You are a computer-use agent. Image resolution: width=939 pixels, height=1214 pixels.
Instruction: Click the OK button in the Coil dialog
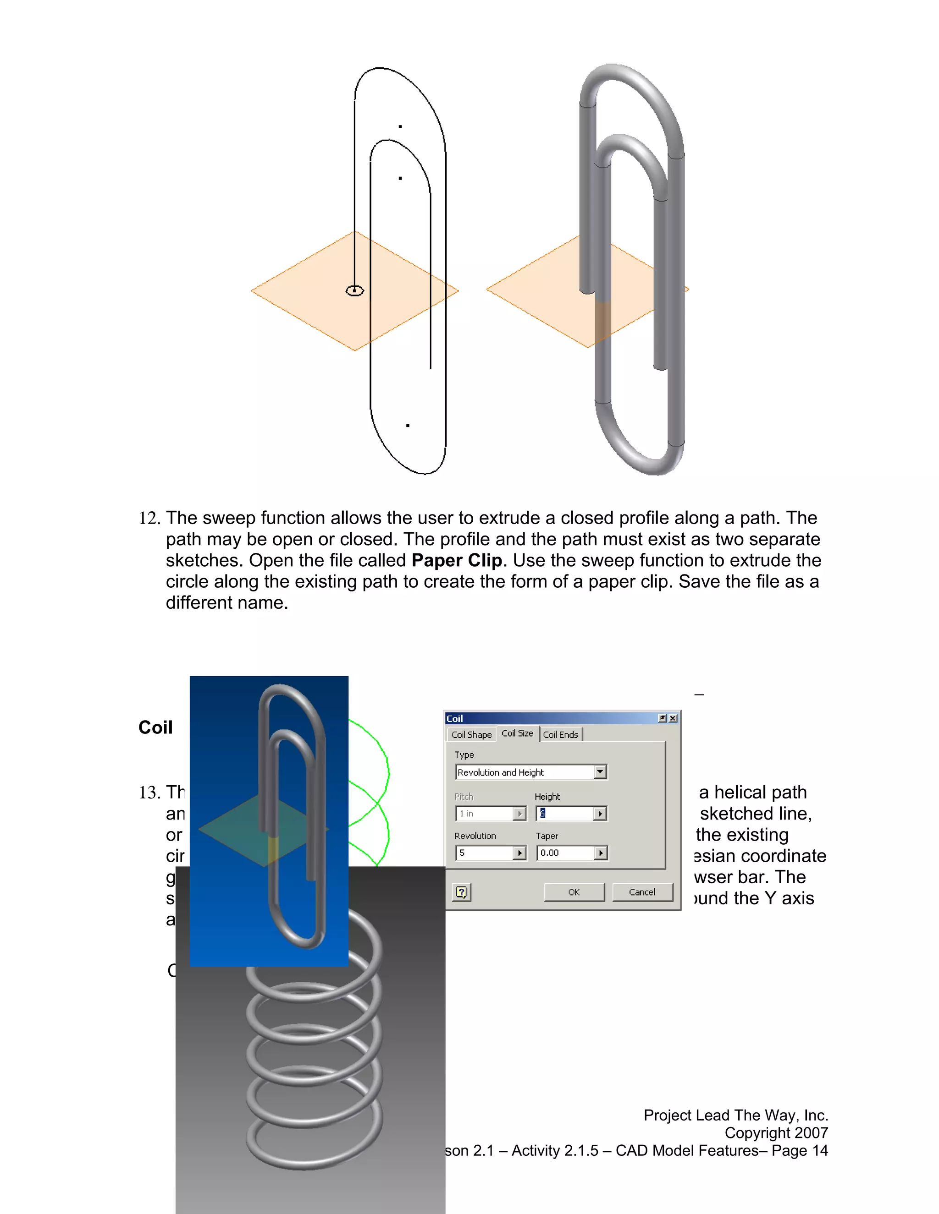[574, 892]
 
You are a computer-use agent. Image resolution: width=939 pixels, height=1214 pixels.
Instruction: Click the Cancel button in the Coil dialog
[642, 892]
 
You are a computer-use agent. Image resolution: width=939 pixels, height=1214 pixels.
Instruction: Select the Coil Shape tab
[471, 735]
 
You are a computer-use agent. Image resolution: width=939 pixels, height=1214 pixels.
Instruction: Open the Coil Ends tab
[560, 735]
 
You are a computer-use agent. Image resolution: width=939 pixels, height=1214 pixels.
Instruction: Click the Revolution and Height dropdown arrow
[600, 772]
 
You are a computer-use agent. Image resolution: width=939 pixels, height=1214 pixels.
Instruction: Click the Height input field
[565, 814]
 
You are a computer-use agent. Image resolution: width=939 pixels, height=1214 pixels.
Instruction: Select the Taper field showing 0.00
[565, 853]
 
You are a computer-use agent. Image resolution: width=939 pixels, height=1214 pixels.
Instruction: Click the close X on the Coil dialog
[673, 718]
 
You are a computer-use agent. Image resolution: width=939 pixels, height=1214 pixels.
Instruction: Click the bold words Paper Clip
[457, 560]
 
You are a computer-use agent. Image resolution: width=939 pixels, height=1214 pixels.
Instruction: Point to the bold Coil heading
[155, 727]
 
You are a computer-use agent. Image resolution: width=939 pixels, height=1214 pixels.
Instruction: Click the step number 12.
[149, 518]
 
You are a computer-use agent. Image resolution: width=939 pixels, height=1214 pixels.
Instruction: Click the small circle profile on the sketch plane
[355, 291]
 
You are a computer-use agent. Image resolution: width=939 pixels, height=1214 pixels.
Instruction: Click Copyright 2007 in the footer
[776, 1133]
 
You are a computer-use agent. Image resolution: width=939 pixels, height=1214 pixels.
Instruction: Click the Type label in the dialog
[464, 755]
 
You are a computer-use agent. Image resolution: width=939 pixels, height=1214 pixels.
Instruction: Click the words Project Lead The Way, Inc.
[735, 1115]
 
